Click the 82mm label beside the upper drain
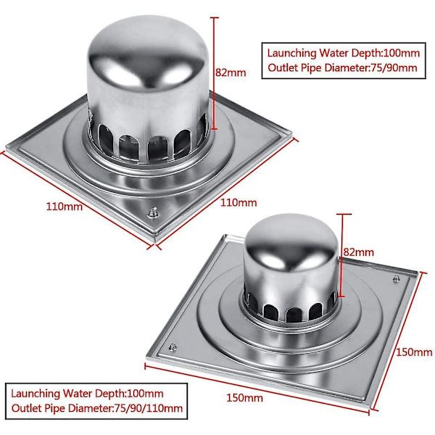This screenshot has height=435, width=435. click(x=231, y=72)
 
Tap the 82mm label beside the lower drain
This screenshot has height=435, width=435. click(x=358, y=252)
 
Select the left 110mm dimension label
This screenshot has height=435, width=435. click(x=64, y=207)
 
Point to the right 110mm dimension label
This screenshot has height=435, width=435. click(x=239, y=202)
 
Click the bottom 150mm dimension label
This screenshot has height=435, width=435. click(x=245, y=398)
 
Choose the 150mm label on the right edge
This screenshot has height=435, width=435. click(x=414, y=352)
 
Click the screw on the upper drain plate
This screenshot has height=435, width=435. click(x=153, y=212)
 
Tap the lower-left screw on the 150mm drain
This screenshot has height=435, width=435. click(x=173, y=347)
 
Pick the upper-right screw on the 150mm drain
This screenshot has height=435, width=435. click(x=397, y=278)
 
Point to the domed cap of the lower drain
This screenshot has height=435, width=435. click(x=291, y=244)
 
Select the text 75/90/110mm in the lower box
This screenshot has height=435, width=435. click(x=149, y=408)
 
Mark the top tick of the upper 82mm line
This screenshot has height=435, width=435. click(x=214, y=17)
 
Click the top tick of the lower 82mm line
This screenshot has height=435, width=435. click(x=342, y=214)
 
